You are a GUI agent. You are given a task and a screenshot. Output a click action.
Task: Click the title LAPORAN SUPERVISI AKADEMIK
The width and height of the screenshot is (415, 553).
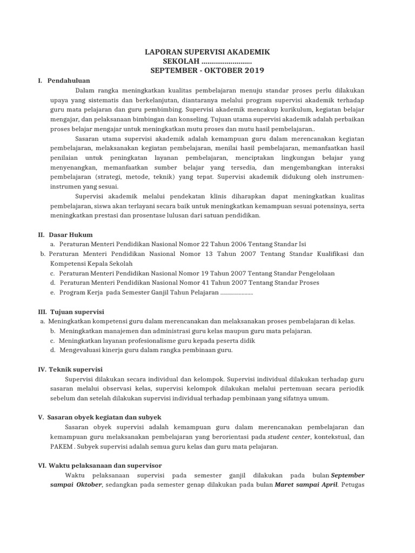tap(207, 52)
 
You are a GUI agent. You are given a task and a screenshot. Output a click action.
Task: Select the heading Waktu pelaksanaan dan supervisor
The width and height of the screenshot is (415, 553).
tap(105, 465)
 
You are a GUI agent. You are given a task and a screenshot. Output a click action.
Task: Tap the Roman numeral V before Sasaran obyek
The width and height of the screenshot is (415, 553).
tap(41, 417)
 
